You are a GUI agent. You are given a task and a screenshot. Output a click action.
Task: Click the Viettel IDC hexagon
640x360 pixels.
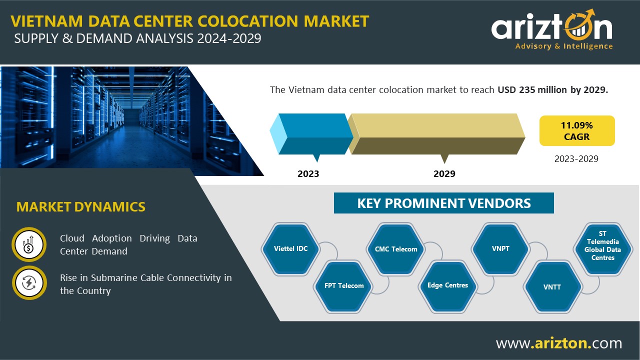coord(290,249)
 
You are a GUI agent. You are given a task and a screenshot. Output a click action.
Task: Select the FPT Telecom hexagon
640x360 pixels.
coord(343,286)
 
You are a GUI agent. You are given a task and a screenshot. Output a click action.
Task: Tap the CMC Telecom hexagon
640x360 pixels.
coord(396,249)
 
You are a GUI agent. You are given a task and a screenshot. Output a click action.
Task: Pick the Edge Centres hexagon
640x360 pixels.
coord(447,286)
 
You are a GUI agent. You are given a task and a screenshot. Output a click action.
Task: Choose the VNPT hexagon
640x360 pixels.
coord(500,249)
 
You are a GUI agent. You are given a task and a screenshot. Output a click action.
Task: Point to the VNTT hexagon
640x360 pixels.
coord(552,286)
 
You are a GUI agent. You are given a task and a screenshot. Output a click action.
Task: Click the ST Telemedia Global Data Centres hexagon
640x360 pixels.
coord(603,249)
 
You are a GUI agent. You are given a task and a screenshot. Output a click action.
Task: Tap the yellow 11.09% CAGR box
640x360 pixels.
coord(577,131)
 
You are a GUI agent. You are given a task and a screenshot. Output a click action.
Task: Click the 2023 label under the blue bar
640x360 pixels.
coord(308,173)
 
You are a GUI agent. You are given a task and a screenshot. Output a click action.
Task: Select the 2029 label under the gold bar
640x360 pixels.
coord(444,173)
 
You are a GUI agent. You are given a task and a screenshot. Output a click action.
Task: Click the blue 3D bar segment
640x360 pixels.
coord(311,134)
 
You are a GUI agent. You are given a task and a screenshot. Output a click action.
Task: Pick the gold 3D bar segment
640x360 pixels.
coord(436,134)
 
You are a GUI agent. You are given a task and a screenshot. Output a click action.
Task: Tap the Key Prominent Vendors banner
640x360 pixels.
coord(444,203)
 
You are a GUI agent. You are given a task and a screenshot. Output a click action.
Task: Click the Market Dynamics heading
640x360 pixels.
coord(81,207)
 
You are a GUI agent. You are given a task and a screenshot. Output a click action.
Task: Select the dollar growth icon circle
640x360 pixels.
coord(29,244)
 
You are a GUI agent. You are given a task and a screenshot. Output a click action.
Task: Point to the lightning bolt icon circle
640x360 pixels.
coord(29,283)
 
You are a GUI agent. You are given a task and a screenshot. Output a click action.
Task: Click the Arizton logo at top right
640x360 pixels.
coord(552,29)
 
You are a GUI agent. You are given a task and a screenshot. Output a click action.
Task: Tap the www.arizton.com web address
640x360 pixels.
coord(559,343)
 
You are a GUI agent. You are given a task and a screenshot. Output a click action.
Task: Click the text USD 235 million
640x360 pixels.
coord(532,89)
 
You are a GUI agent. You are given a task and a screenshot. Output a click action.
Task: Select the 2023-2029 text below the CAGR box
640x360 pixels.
coord(576,159)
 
